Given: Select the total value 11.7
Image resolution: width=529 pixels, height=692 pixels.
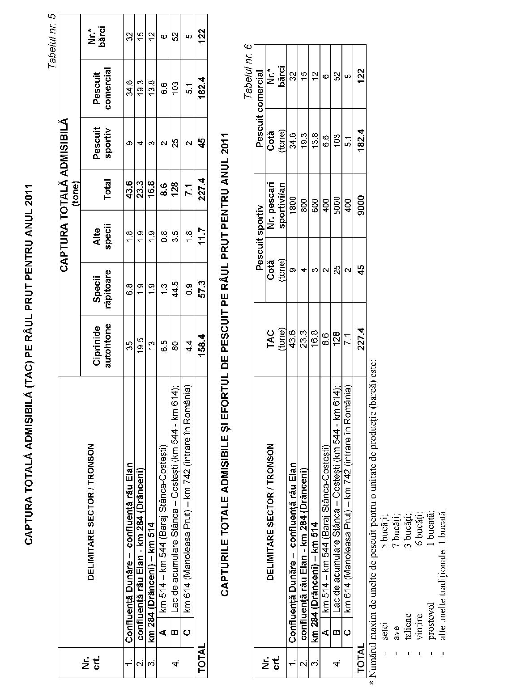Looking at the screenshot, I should pyautogui.click(x=200, y=235).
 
